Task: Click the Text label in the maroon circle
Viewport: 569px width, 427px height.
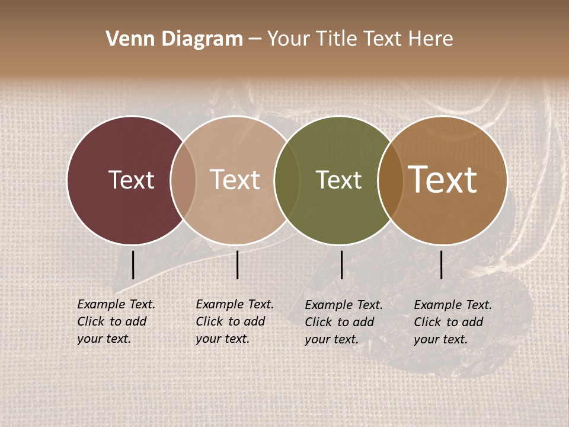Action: (x=131, y=180)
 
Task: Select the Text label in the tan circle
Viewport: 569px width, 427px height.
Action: (x=235, y=180)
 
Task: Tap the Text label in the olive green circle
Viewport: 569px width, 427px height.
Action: (x=338, y=180)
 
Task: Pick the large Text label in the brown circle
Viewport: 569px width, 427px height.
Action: (x=443, y=180)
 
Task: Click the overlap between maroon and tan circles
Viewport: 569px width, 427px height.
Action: (x=183, y=180)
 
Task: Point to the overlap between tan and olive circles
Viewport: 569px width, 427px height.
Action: (x=287, y=180)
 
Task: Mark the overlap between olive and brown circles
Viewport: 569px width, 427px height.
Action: (x=391, y=180)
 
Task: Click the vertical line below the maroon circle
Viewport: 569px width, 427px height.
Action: (x=133, y=265)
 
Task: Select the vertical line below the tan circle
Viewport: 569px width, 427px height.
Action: (x=237, y=265)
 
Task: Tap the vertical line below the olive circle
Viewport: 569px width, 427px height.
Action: (x=341, y=265)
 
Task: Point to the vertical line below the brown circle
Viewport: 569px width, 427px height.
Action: (x=441, y=265)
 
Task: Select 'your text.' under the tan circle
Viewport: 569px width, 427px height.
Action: (x=222, y=339)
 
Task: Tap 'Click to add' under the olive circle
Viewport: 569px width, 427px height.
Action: (x=340, y=322)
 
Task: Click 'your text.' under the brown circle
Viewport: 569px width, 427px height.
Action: (x=440, y=339)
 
